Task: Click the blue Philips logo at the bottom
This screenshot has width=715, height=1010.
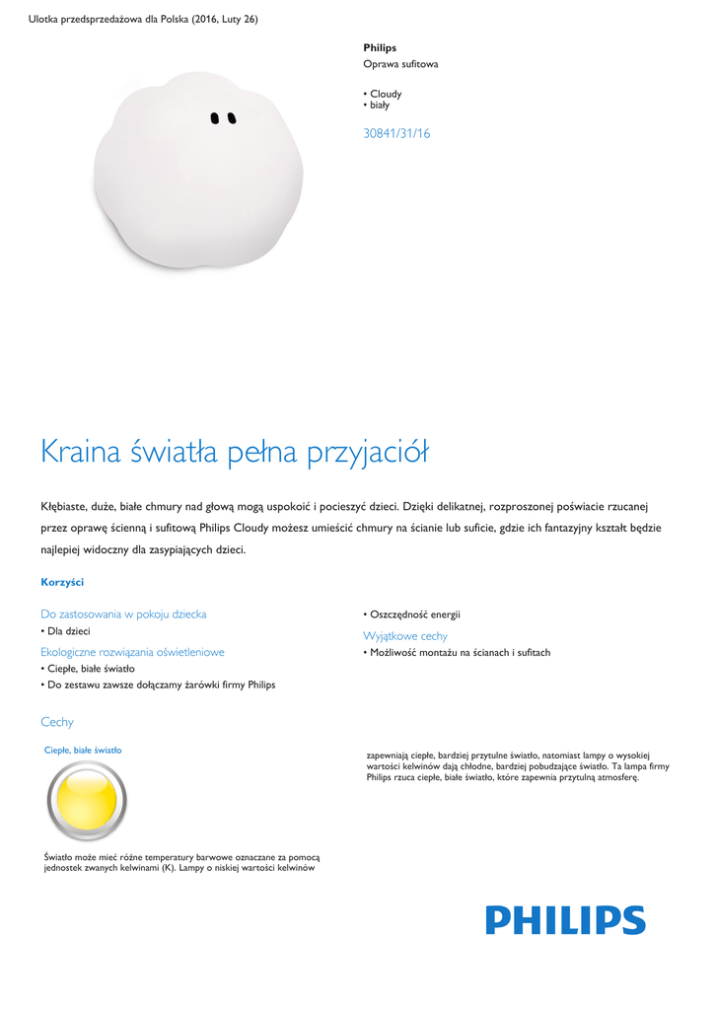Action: click(565, 920)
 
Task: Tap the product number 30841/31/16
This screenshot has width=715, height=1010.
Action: click(396, 133)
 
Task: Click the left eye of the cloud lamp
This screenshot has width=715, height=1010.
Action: click(215, 118)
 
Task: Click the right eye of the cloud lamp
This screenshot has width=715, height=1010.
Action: click(232, 118)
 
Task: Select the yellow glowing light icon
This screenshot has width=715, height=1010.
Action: click(87, 800)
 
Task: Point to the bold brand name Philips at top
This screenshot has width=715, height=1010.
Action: click(380, 47)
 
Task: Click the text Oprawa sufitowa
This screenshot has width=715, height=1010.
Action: click(400, 64)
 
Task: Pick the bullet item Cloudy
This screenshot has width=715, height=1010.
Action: click(386, 94)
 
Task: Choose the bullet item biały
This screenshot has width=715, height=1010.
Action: click(380, 105)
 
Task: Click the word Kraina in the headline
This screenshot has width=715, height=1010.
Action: click(81, 453)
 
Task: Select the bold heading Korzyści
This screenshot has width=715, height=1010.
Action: click(62, 582)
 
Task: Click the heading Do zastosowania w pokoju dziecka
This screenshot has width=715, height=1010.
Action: click(123, 613)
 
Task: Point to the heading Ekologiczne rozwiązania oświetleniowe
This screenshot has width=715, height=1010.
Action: click(132, 652)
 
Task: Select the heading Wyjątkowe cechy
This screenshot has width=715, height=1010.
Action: click(405, 636)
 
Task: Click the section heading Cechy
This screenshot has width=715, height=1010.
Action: click(57, 722)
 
